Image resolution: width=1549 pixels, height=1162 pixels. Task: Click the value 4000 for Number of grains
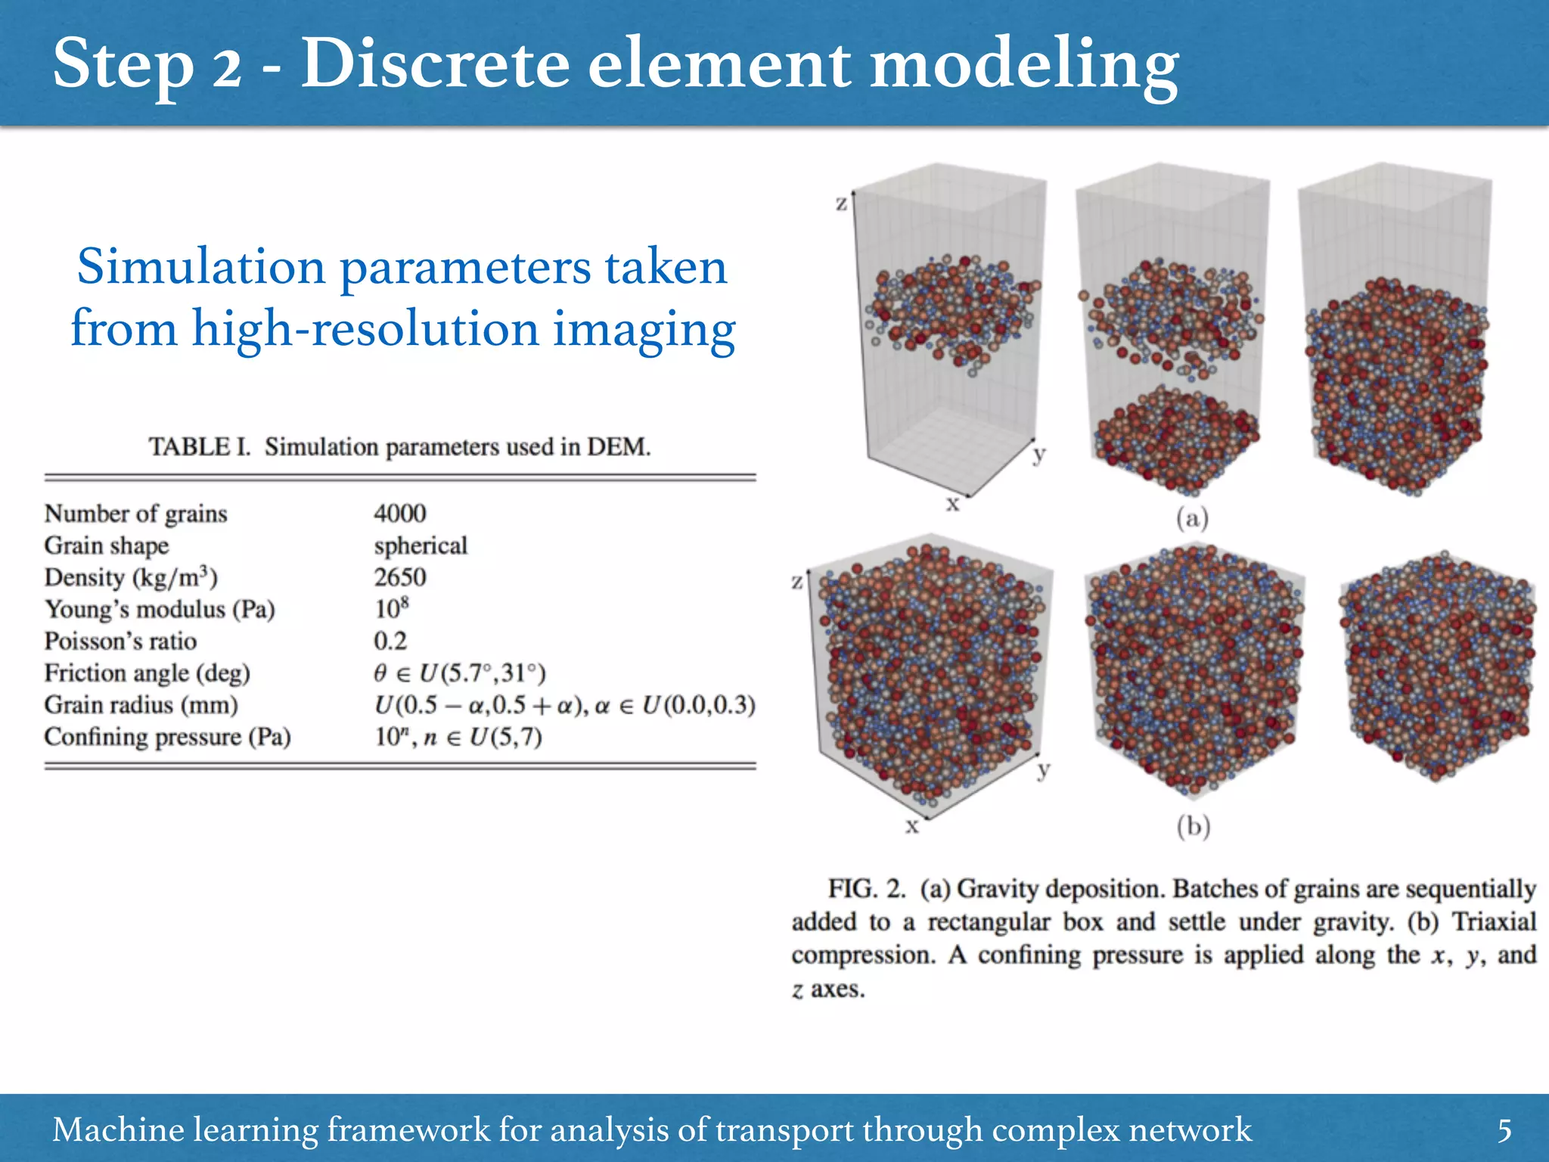click(399, 513)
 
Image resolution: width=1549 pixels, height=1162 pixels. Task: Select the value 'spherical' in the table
click(421, 545)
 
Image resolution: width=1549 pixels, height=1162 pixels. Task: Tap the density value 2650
click(399, 577)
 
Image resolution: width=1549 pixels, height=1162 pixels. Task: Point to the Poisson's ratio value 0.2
click(390, 641)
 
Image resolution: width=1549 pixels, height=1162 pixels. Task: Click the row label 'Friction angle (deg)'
click(147, 673)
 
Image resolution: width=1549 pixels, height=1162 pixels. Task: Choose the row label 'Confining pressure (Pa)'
click(167, 736)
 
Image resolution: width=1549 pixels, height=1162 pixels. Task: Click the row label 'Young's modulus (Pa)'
click(160, 609)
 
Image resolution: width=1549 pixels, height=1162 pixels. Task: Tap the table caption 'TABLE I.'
click(199, 446)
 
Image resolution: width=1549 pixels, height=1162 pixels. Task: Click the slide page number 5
click(1504, 1130)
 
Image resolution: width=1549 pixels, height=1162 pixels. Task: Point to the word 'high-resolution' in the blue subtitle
click(365, 328)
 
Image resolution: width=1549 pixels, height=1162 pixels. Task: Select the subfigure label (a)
click(1192, 518)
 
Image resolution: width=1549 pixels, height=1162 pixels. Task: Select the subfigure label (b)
click(1193, 825)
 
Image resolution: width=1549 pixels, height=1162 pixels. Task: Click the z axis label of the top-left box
click(841, 203)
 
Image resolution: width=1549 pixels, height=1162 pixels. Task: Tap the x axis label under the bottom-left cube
click(912, 825)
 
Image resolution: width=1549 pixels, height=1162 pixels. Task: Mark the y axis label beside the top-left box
click(1039, 454)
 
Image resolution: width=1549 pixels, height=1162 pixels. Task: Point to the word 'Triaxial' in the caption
click(1494, 921)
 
